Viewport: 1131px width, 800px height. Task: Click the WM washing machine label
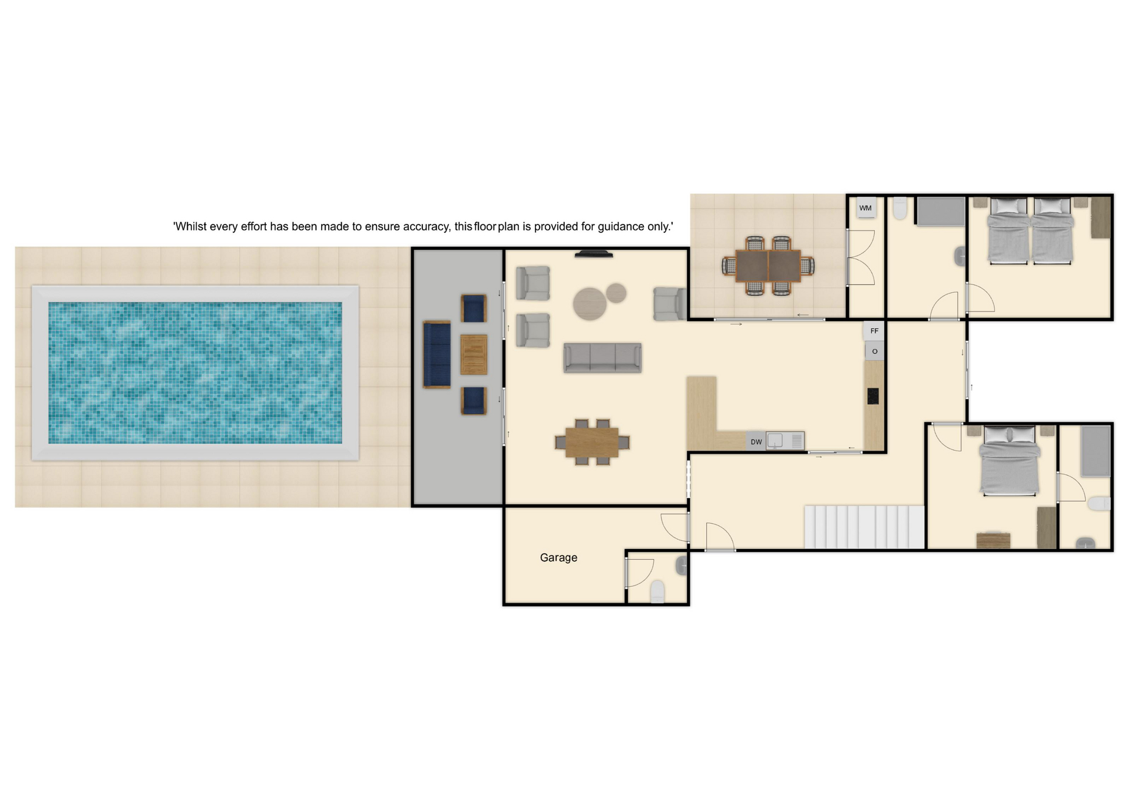coord(865,208)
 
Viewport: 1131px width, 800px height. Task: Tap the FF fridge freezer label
coord(874,331)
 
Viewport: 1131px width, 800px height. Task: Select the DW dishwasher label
coord(756,442)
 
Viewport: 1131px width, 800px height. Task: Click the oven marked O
coord(875,351)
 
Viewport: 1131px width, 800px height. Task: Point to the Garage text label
coord(558,558)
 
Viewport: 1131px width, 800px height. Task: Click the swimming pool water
coord(195,373)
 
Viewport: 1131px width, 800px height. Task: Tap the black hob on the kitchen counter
coord(873,396)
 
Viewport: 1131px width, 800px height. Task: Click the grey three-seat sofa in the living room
coord(602,358)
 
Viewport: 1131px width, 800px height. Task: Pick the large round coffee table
coord(590,304)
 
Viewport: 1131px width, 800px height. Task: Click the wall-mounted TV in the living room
coord(594,254)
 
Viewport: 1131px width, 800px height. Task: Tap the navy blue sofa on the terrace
coord(436,355)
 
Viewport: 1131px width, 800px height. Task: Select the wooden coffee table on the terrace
coord(474,355)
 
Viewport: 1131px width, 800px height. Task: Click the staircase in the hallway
coord(864,527)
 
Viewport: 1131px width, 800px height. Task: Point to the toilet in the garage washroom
coord(657,591)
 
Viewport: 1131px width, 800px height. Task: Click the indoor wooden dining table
coord(592,442)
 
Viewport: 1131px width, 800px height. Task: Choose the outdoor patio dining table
coord(768,266)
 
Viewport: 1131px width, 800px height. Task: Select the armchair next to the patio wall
coord(670,304)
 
